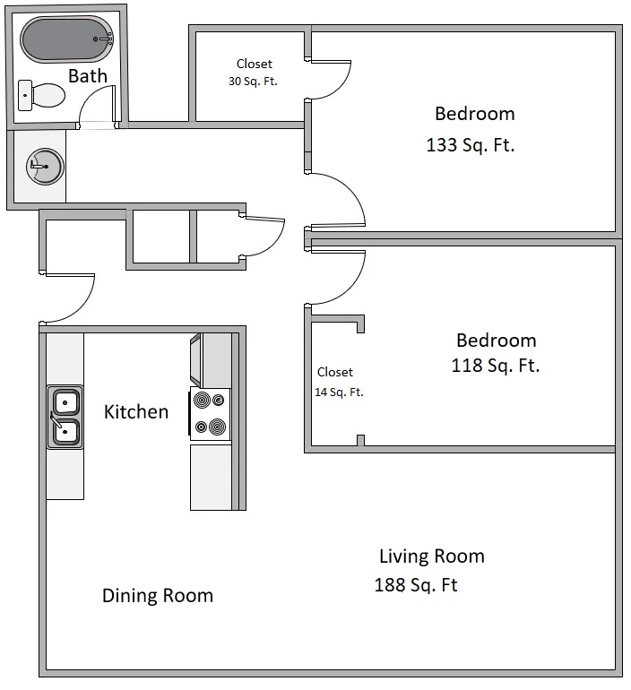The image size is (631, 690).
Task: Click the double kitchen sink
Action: click(65, 417)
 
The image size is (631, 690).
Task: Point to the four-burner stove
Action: click(211, 414)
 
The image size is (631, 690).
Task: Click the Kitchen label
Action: click(136, 412)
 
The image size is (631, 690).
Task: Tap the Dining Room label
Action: click(157, 596)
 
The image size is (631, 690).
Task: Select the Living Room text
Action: click(431, 556)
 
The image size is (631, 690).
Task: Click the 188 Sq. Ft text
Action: click(416, 586)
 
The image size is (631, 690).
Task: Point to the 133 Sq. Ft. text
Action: click(471, 145)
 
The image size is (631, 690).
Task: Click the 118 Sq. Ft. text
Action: click(496, 366)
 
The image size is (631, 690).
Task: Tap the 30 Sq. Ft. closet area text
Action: click(254, 81)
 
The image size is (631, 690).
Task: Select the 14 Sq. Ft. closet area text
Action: click(339, 392)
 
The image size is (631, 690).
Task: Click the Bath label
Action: click(87, 76)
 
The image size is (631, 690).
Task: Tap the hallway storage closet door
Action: click(265, 237)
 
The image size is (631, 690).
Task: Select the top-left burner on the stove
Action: click(201, 401)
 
